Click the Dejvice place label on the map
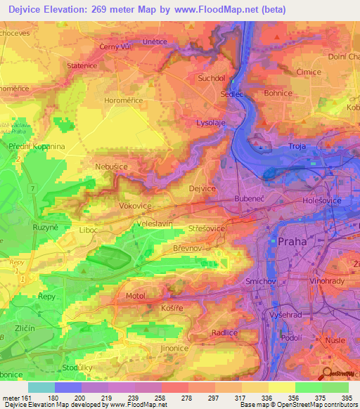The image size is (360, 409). coord(203,188)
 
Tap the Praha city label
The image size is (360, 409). coord(292,241)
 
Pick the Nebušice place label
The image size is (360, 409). coord(111,167)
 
